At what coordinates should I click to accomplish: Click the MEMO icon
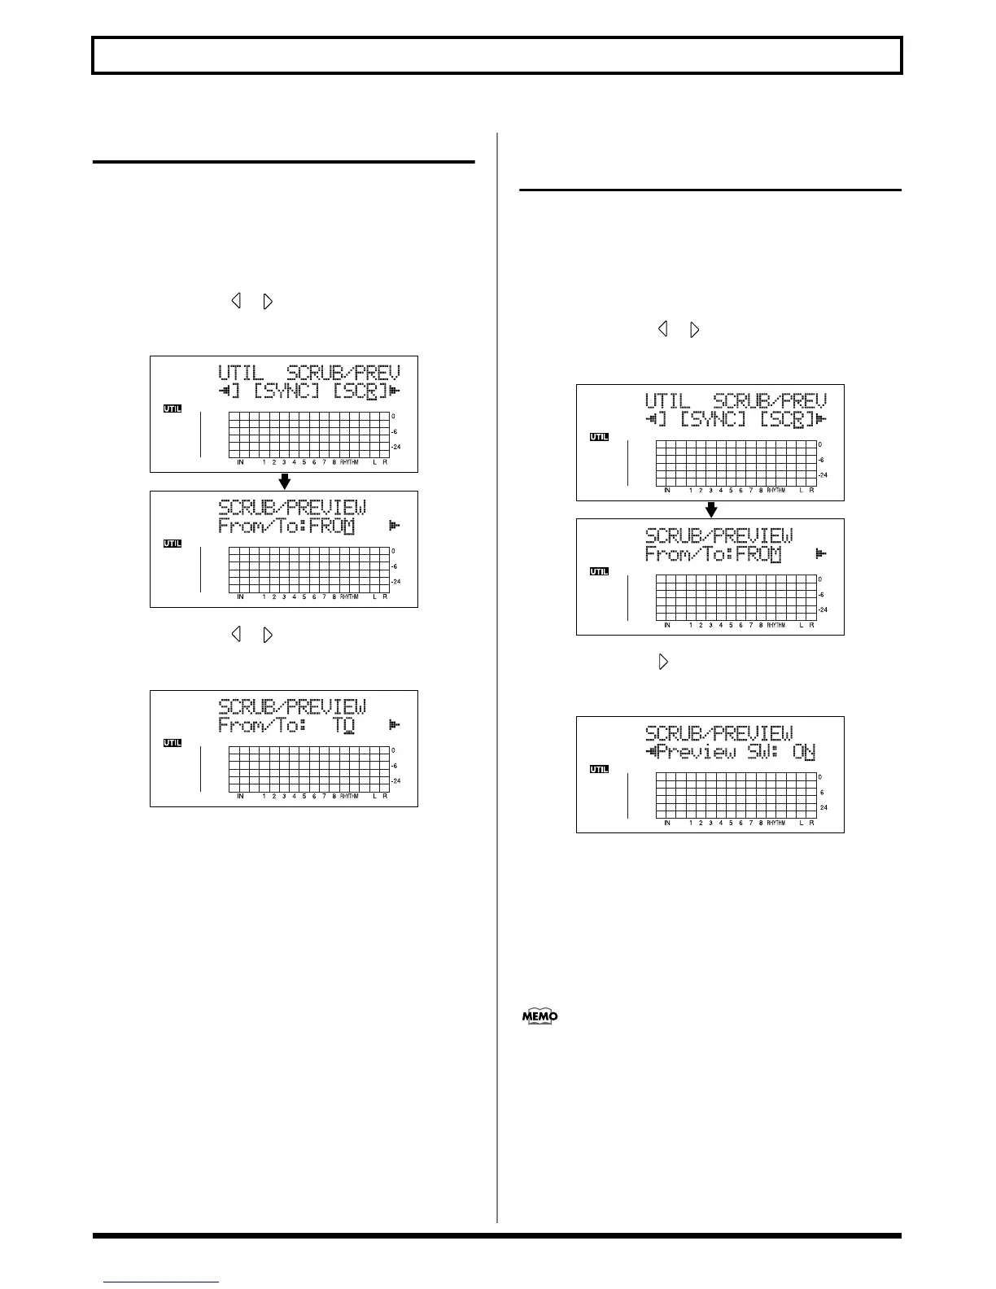point(539,1016)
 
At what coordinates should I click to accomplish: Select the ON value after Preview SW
point(804,752)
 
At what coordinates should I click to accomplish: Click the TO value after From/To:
point(344,725)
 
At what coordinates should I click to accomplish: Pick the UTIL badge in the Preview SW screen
point(599,769)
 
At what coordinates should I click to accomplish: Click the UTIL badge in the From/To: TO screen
point(172,743)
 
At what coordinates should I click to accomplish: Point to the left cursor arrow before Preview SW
point(651,752)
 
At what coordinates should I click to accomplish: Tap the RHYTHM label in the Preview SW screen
point(776,823)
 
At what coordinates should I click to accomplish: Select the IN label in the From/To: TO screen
point(240,796)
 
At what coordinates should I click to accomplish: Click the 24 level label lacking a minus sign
point(823,808)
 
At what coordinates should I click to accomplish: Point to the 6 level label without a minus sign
point(822,793)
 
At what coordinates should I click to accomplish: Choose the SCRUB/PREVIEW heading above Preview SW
point(719,732)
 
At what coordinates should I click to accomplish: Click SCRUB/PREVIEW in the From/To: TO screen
point(292,706)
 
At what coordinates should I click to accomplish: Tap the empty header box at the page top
point(497,55)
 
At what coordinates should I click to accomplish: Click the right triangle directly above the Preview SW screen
point(663,662)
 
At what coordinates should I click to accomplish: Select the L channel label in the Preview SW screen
point(802,823)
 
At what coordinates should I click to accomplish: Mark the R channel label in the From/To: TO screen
point(385,796)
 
